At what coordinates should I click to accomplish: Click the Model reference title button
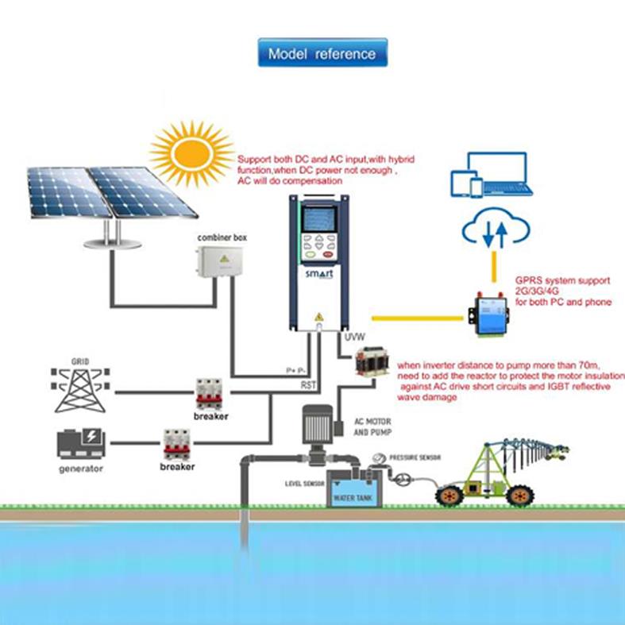(x=322, y=54)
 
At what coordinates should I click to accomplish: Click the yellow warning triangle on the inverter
(x=319, y=317)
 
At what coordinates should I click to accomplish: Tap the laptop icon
(x=505, y=182)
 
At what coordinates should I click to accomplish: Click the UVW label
(x=354, y=338)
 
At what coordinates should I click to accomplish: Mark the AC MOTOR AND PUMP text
(x=372, y=428)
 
